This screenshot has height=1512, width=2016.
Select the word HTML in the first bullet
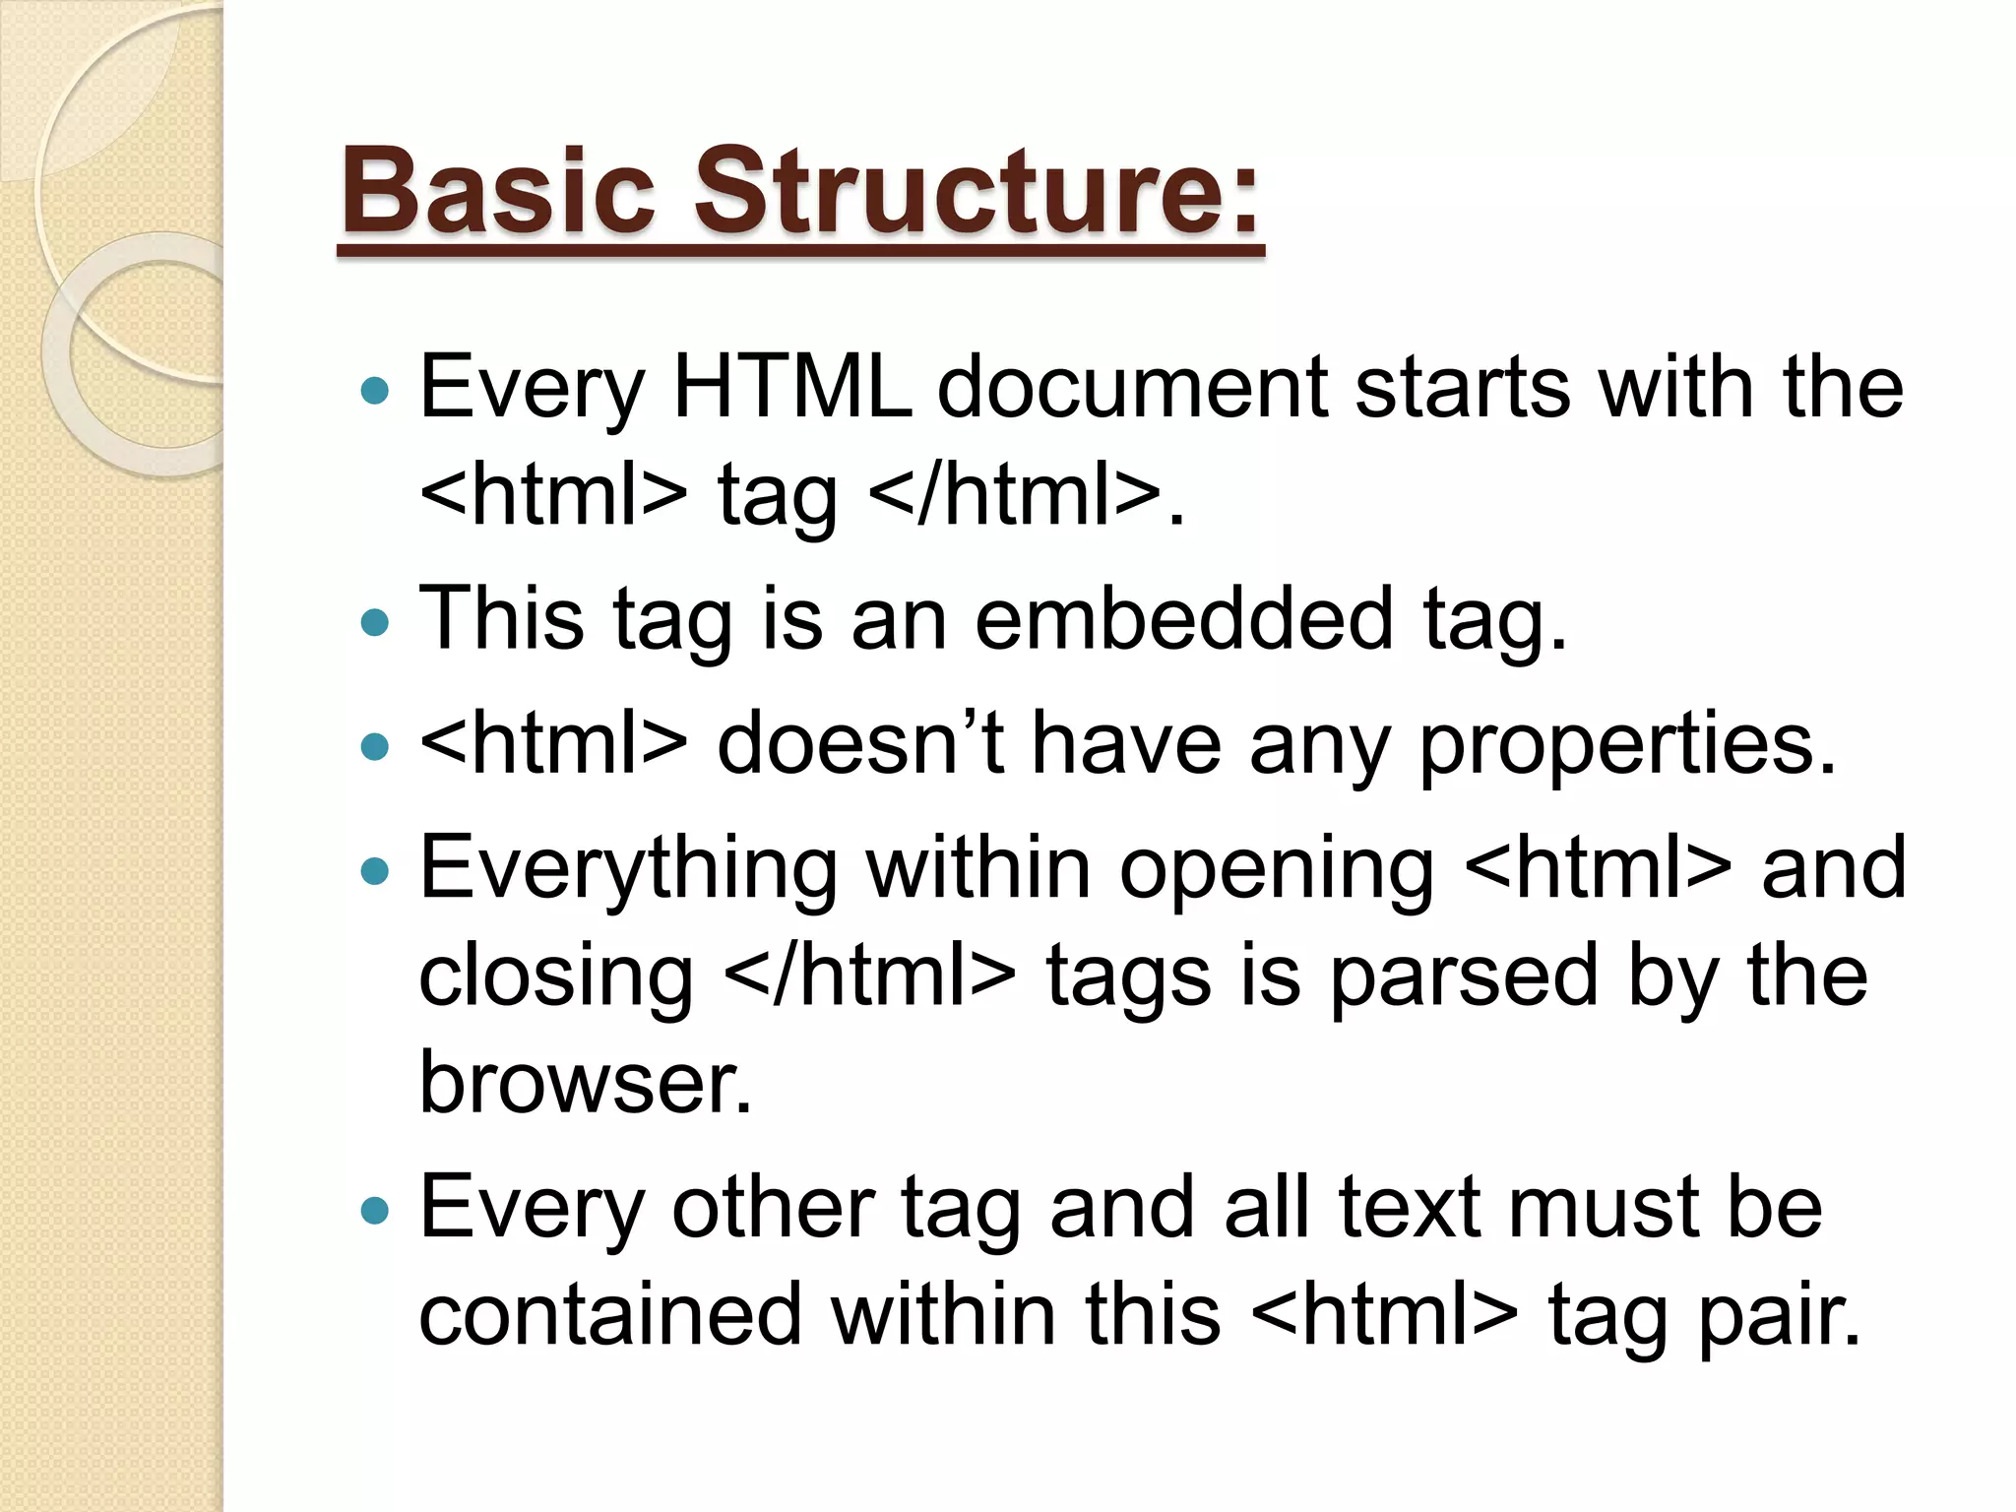point(791,387)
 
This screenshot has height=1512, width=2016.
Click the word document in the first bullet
point(1132,387)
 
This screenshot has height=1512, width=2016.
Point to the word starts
point(1463,387)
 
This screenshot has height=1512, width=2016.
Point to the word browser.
point(585,1082)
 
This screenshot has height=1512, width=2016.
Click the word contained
point(610,1314)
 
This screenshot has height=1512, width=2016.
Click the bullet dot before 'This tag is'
point(375,622)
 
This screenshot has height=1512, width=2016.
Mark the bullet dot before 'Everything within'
point(375,871)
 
